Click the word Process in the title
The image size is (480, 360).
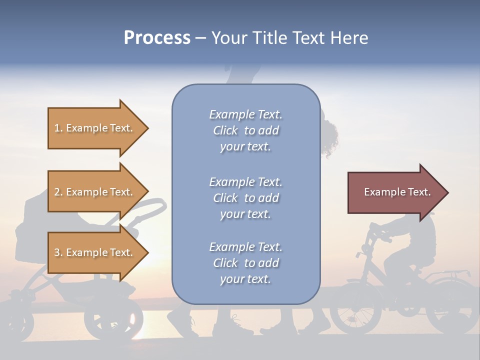click(x=157, y=38)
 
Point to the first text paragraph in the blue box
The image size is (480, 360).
click(x=245, y=130)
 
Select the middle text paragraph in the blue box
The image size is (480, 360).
click(x=245, y=198)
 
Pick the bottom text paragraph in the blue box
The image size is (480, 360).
click(x=245, y=263)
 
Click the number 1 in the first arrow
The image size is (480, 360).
click(x=57, y=128)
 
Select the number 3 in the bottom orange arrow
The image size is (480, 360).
click(x=57, y=252)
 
